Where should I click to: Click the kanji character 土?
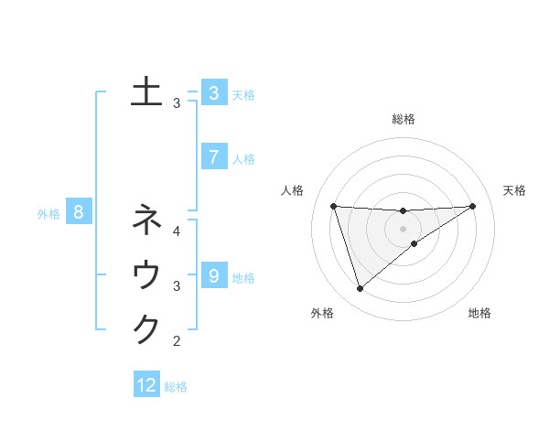coord(146,92)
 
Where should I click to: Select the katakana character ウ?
coord(146,275)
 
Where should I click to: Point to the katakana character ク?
coord(146,329)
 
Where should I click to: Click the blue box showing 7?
coord(213,157)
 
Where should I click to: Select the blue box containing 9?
coord(213,276)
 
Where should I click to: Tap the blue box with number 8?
coord(80,213)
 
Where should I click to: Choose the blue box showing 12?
coord(146,385)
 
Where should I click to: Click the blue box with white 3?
coord(213,92)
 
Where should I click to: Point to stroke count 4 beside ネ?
coord(177,231)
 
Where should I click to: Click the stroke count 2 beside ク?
coord(177,342)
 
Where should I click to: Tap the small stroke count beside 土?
coord(177,103)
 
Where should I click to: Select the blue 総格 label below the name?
coord(176,387)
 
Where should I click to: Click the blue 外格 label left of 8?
coord(48,214)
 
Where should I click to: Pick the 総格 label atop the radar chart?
coord(403,119)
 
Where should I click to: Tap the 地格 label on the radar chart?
coord(479,313)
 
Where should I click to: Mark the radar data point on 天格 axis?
coord(473,206)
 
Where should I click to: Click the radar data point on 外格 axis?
coord(360,289)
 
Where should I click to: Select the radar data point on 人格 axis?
coord(333,206)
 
